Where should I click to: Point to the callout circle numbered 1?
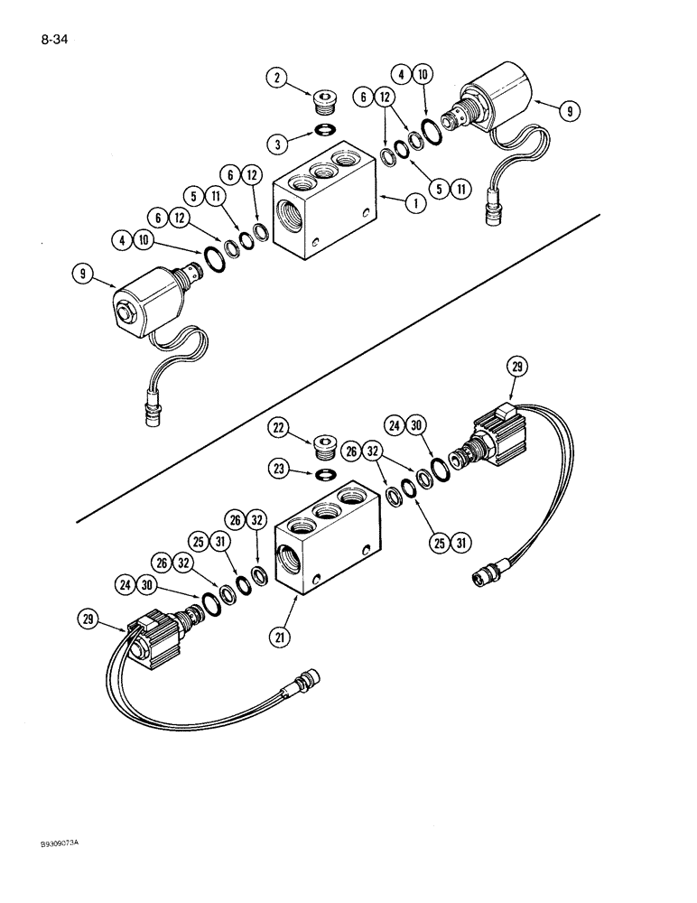point(415,204)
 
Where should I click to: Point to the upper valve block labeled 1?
point(325,199)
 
